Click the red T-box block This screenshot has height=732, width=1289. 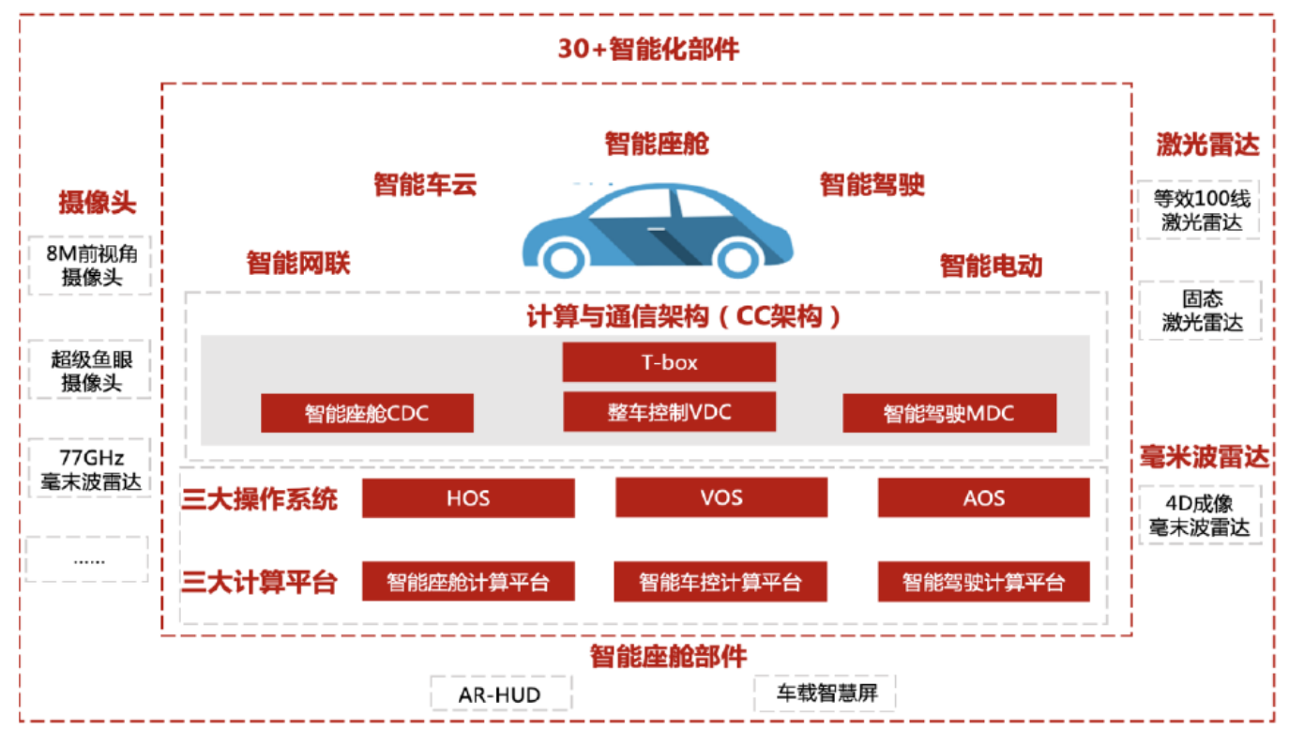669,362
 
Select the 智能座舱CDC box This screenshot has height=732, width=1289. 367,413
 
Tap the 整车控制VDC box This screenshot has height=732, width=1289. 669,412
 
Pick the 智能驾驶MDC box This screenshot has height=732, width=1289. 948,413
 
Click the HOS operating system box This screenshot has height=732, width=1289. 468,497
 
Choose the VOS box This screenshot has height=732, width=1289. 721,497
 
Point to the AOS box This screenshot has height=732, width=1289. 983,497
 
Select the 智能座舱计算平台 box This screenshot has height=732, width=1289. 468,582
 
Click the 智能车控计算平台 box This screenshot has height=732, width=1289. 720,582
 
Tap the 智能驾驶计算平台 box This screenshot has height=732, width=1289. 983,582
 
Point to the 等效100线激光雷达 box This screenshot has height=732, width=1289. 1201,210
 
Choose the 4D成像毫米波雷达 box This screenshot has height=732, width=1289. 1200,514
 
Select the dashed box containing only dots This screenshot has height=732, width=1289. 88,559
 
